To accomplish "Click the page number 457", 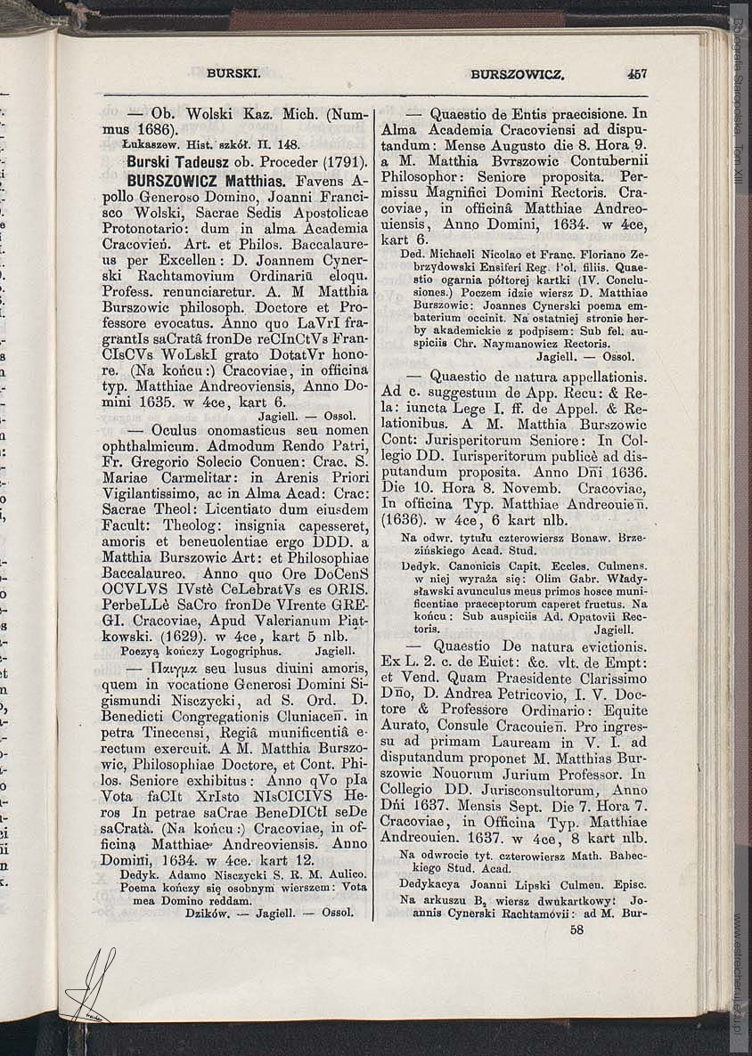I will (636, 74).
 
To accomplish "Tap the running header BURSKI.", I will (233, 74).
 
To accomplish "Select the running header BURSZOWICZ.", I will (518, 75).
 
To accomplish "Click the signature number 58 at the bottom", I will (576, 929).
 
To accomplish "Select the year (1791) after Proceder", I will (344, 163).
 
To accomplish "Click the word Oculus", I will (176, 429).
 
